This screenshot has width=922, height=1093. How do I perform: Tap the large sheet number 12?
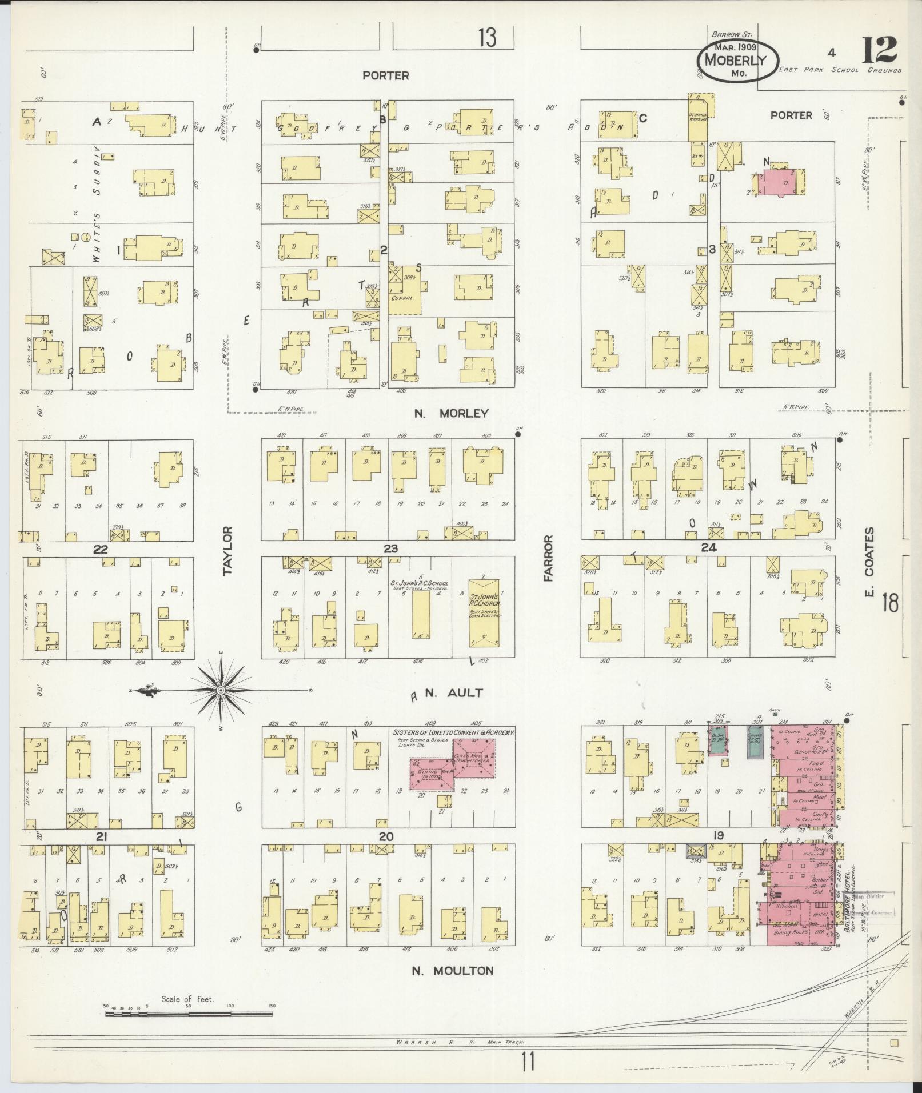[879, 50]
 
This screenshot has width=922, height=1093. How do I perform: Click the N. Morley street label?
[451, 413]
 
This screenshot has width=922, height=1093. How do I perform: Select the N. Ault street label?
[454, 693]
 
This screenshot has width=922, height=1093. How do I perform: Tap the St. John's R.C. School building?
[421, 615]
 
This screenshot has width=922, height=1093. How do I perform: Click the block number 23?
[390, 549]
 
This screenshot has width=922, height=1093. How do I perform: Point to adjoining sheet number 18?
[890, 603]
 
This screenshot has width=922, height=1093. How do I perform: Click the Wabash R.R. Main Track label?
[460, 1043]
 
